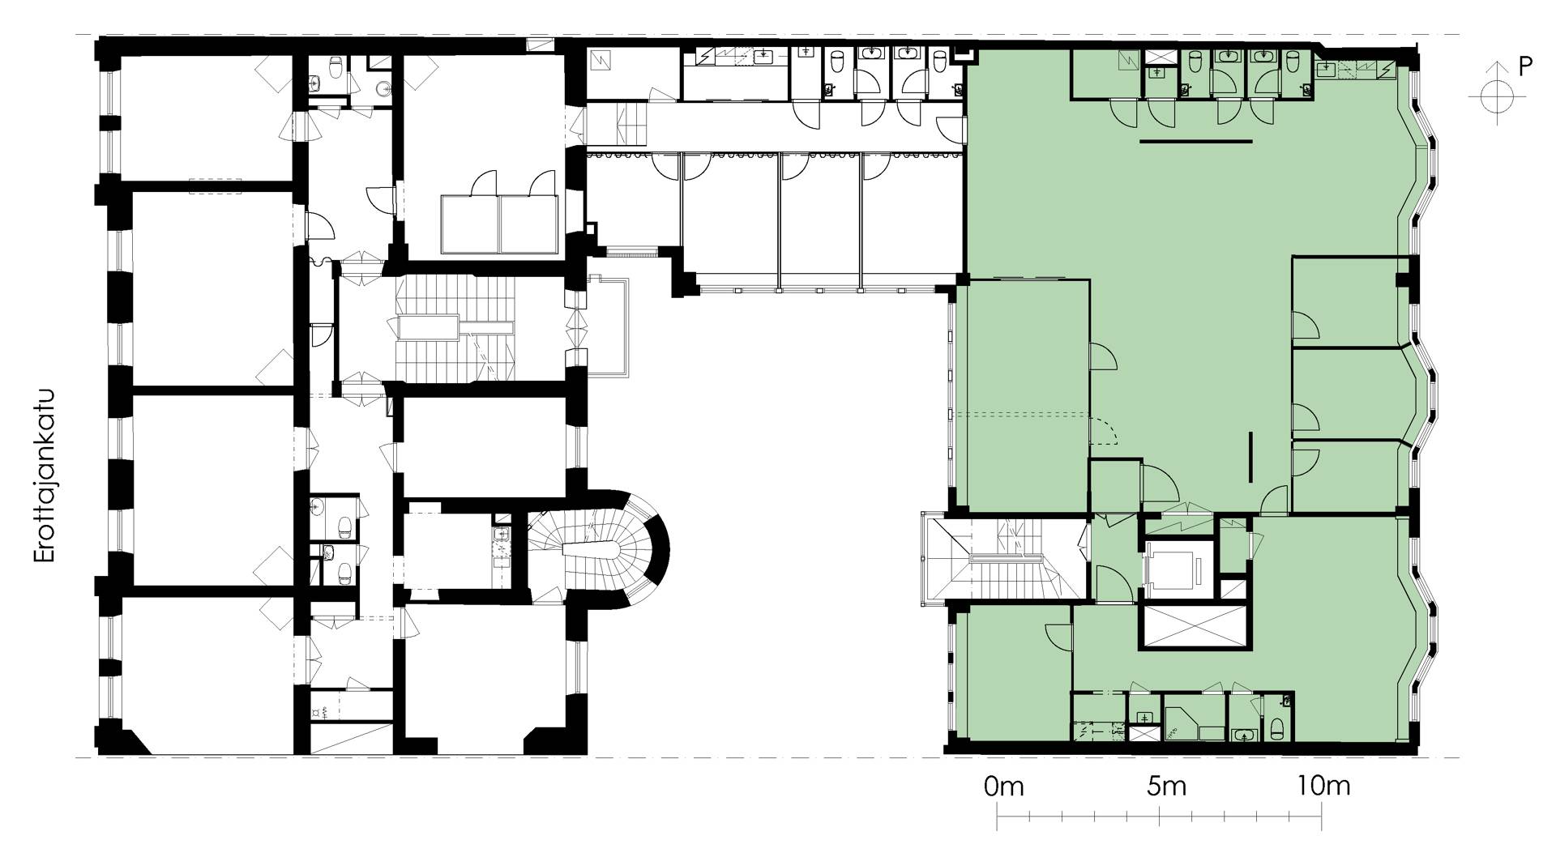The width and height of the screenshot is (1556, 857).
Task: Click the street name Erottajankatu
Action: (x=45, y=476)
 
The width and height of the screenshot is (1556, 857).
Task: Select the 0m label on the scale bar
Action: (x=1003, y=786)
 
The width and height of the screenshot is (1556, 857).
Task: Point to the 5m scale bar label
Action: (x=1166, y=786)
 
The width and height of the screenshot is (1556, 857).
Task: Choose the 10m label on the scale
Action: (x=1323, y=786)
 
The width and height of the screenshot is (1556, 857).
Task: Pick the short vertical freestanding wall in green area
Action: (x=1251, y=456)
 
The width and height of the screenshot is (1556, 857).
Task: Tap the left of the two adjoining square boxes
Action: (x=470, y=224)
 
